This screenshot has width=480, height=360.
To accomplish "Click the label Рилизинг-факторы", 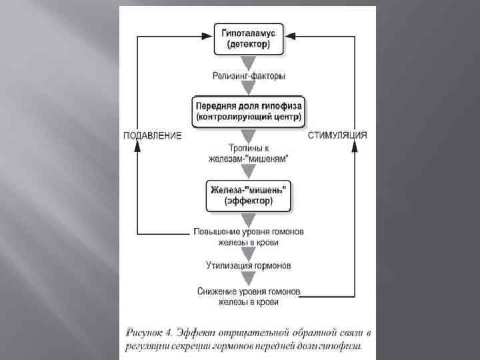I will [x=249, y=76].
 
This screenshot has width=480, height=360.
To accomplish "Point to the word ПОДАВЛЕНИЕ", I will [x=152, y=135].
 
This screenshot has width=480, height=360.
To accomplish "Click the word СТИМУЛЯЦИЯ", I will [x=337, y=135].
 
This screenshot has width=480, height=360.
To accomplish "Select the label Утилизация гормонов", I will [x=248, y=266].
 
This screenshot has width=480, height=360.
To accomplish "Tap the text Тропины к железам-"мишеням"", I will [x=248, y=153].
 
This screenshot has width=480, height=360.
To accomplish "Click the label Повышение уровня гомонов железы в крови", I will [x=248, y=237].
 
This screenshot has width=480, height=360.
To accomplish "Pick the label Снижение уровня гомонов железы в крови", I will [x=248, y=297].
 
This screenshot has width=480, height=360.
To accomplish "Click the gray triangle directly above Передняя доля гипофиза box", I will [x=248, y=88].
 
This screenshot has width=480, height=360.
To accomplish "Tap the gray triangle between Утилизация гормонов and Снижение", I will [x=248, y=279].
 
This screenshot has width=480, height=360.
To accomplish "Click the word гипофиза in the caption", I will [x=343, y=346].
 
